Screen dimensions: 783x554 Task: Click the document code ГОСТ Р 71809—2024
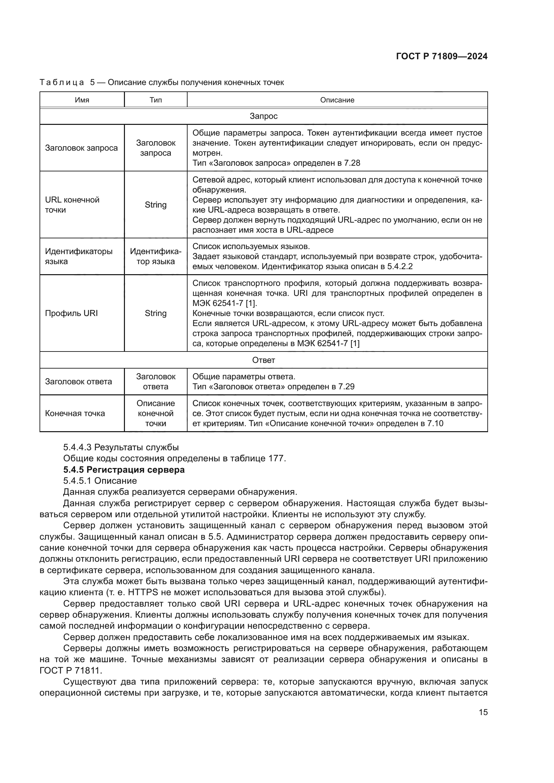tap(441, 56)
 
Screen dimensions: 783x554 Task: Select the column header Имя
tap(82, 100)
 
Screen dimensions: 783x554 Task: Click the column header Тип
tap(155, 100)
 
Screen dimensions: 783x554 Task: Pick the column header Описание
tap(337, 100)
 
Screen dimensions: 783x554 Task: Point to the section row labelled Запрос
tap(263, 116)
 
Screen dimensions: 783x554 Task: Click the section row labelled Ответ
tap(263, 360)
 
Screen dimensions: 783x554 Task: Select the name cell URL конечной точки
tap(72, 205)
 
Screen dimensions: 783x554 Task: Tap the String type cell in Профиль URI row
tap(155, 313)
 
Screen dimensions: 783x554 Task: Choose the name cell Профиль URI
tap(71, 313)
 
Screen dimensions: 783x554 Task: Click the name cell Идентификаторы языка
tap(78, 256)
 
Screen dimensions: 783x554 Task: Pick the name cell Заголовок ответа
tap(78, 381)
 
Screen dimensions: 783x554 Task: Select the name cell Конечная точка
tap(75, 413)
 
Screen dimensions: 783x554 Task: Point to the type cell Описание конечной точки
tap(155, 413)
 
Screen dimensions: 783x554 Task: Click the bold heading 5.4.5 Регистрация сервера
tap(124, 470)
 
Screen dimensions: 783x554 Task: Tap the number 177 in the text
tap(276, 458)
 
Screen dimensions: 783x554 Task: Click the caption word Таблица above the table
tap(62, 83)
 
